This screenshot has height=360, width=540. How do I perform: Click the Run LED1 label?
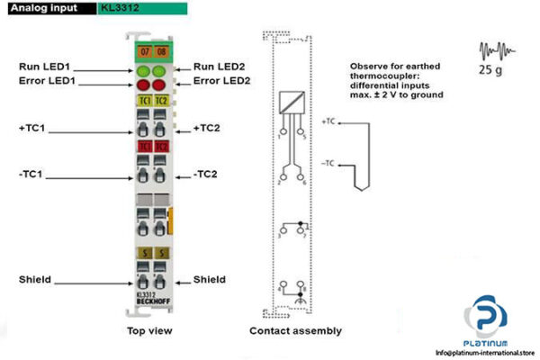[45, 67]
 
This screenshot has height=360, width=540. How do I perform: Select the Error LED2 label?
[221, 81]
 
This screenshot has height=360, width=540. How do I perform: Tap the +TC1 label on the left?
[32, 129]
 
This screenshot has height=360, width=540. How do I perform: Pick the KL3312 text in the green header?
[121, 8]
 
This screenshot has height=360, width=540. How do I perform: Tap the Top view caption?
[148, 330]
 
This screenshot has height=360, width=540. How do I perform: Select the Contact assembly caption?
[295, 330]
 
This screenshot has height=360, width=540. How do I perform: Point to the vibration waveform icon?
[493, 49]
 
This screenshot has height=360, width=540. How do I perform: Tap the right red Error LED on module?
[160, 84]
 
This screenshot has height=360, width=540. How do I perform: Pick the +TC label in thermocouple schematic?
[328, 121]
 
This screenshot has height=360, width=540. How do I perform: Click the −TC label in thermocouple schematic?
[328, 162]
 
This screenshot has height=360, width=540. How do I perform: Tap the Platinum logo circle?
[485, 319]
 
